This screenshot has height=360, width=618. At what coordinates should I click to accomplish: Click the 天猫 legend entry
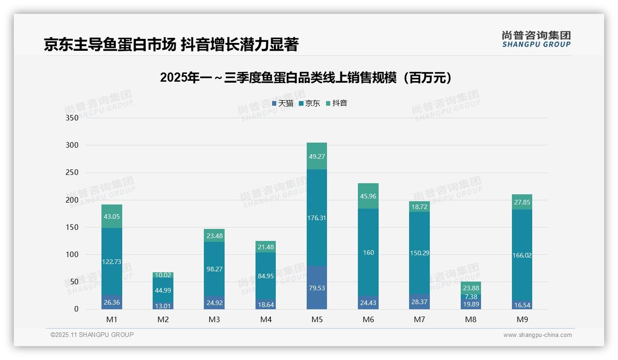(x=283, y=103)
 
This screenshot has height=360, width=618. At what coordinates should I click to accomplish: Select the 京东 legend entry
(x=309, y=103)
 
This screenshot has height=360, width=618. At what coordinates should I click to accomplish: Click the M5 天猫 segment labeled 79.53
(x=317, y=288)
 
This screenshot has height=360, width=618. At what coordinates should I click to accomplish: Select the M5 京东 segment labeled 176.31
(x=317, y=218)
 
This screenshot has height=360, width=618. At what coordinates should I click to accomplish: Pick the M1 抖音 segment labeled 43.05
(x=112, y=216)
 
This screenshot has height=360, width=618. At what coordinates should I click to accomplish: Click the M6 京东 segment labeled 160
(x=368, y=252)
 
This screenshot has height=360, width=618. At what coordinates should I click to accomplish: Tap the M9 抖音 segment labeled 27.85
(x=522, y=202)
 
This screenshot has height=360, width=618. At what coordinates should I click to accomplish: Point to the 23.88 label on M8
(x=471, y=288)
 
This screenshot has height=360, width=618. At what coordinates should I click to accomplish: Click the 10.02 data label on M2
(x=163, y=275)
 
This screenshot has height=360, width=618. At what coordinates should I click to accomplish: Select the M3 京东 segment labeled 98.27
(x=214, y=269)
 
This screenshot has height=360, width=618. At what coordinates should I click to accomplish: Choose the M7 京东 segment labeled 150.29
(x=420, y=253)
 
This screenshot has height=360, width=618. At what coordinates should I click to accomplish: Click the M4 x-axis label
(x=266, y=319)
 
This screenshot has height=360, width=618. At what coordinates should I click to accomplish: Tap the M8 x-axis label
(x=471, y=319)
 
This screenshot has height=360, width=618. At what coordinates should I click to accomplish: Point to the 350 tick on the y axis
(x=72, y=118)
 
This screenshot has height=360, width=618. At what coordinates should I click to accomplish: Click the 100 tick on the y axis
(x=72, y=255)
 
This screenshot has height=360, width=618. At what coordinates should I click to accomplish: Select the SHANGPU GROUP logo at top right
(x=536, y=39)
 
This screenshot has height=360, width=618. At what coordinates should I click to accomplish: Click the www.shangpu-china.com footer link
(x=537, y=335)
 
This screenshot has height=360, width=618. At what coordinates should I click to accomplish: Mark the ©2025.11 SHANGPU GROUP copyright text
(x=92, y=335)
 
